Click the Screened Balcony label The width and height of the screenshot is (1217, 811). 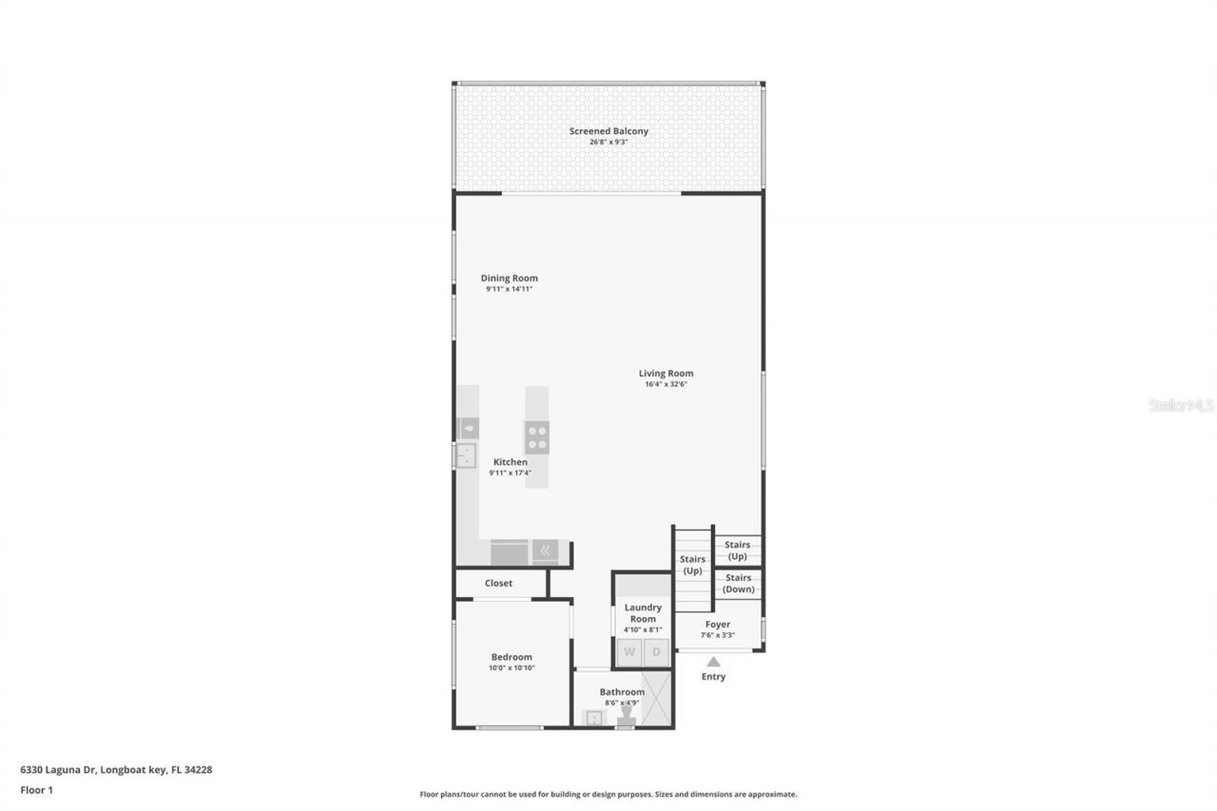pos(608,130)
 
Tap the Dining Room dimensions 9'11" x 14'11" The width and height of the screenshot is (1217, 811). pos(509,289)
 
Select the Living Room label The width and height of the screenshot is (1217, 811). pos(666,374)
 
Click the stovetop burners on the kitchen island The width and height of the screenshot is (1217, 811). pos(537,437)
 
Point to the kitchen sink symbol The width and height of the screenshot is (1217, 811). pos(466,456)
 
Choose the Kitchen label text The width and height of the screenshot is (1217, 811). pos(510,462)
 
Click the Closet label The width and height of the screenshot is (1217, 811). pos(498,584)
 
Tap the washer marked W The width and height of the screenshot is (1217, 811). pos(629,653)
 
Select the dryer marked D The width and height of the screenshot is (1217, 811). pos(656,653)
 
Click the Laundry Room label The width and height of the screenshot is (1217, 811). pos(643,613)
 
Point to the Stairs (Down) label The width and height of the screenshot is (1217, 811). pos(738,583)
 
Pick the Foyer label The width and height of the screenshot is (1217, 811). pos(718,625)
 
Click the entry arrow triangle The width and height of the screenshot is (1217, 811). pos(713,661)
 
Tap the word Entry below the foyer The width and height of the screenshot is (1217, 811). pos(713,677)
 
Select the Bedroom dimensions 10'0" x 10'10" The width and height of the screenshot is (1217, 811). pos(512,668)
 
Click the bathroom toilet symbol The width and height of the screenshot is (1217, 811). pos(625,720)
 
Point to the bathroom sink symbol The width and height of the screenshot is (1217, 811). pos(593,718)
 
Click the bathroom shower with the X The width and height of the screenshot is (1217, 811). pos(655,700)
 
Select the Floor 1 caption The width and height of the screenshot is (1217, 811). pos(37,789)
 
